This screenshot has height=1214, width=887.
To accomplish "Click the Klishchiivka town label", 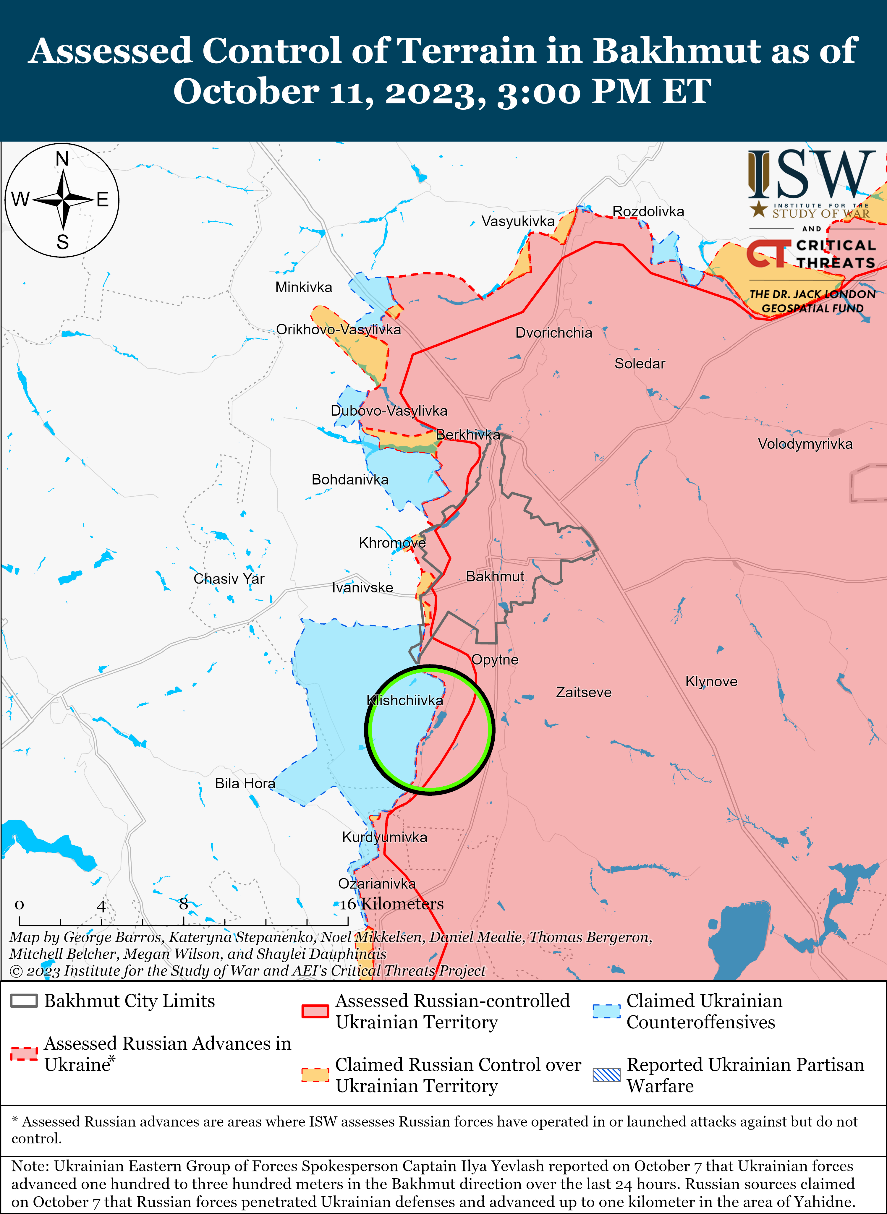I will pos(405,700).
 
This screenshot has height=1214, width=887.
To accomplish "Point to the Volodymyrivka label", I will pos(805,444).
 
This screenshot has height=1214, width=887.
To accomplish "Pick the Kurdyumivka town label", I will pos(384,837).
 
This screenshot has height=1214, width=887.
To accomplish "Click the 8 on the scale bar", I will pos(184,904).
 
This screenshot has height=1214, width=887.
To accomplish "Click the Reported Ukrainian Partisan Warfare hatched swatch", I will pos(607,1075).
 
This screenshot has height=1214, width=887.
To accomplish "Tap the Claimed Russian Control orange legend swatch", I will pos(315,1075).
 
